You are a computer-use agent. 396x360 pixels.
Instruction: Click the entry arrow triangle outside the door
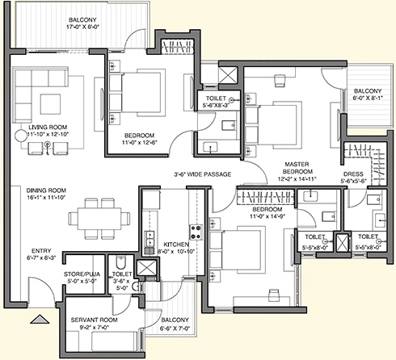point(40,319)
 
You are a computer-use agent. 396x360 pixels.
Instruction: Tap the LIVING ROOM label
point(48,127)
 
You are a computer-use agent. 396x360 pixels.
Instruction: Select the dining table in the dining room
point(99,219)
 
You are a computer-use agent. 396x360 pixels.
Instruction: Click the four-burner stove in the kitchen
point(196,232)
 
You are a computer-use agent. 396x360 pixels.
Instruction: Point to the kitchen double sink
point(149,239)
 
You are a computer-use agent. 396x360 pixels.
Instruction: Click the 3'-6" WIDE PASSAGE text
point(202,174)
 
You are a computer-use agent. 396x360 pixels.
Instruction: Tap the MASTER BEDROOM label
point(297,168)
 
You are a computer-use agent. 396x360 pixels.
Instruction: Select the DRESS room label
point(353,174)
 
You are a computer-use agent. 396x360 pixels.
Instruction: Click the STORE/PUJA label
point(82,274)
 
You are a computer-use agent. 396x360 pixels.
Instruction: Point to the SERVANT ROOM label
point(94,320)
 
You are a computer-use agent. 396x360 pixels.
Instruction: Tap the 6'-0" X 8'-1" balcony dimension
point(368,98)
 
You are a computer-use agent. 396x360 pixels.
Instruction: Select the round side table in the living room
point(21,136)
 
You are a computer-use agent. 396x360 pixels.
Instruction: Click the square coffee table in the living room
point(50,104)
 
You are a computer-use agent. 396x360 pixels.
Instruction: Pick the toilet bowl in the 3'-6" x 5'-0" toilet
point(120,262)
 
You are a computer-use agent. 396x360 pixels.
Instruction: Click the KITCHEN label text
point(176,245)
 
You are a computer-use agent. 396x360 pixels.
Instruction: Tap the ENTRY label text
point(41,251)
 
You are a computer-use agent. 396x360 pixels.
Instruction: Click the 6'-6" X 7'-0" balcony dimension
point(175,329)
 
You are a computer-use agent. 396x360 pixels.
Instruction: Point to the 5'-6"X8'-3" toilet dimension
point(216,105)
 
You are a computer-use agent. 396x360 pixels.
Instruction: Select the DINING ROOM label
point(46,190)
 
